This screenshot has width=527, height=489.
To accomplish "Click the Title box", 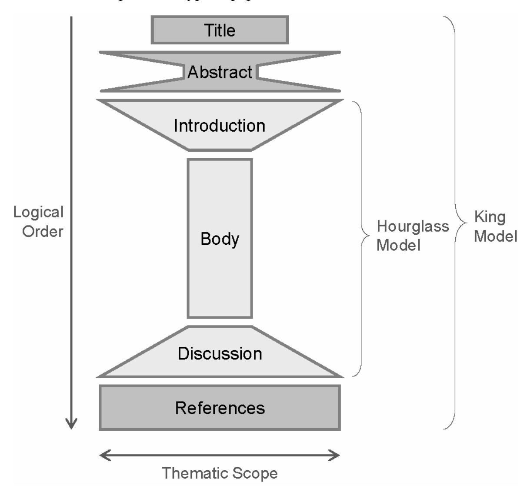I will [220, 30].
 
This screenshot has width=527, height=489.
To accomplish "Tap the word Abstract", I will [220, 72].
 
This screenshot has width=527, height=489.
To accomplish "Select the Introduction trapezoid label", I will [220, 126].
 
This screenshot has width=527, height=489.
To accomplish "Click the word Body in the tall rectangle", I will [220, 239].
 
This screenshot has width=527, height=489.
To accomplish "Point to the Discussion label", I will [220, 353].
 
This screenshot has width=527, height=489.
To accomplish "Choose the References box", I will [220, 408].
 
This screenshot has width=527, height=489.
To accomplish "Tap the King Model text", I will [495, 226].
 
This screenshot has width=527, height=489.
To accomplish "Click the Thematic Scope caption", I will [220, 473].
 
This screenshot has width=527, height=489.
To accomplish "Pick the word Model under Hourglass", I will [398, 245].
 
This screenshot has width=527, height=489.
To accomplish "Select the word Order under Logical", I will [43, 231].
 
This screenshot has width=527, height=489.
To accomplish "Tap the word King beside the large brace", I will [490, 216].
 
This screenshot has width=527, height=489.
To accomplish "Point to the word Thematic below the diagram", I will [197, 473].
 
